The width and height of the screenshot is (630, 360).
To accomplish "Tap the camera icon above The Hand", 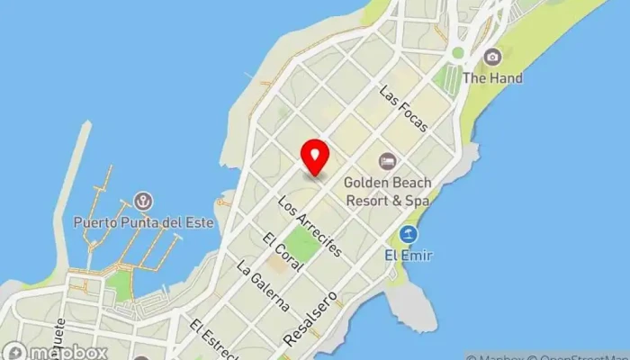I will click(491, 57).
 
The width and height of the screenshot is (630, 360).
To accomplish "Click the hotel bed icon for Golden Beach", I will click(387, 162).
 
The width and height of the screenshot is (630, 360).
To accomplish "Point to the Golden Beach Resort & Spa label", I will click(386, 191).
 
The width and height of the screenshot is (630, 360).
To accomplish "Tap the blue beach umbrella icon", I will click(409, 235).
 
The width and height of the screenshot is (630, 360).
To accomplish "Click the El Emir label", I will click(410, 256).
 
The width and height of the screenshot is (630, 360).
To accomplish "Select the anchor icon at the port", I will click(142, 200).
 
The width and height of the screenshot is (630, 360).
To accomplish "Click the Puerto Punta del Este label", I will click(144, 222).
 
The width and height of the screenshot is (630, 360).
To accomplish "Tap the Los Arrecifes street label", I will click(310, 225).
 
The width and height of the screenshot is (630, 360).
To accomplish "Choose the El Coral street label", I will click(276, 255).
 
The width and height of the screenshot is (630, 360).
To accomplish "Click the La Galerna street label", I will click(263, 287).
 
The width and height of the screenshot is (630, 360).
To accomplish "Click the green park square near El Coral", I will click(303, 245).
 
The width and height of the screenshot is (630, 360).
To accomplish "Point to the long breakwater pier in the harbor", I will click(73, 198).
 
